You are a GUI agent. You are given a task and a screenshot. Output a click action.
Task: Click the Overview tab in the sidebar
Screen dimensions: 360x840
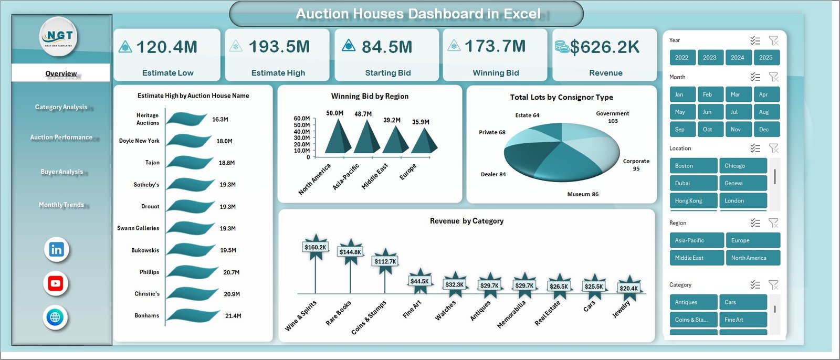(x=61, y=73)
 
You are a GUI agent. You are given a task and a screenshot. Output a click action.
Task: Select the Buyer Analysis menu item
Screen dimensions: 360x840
(x=61, y=172)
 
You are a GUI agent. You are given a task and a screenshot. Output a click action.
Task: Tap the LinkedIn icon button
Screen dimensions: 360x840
(x=56, y=249)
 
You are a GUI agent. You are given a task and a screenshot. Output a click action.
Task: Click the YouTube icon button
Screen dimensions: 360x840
(x=56, y=283)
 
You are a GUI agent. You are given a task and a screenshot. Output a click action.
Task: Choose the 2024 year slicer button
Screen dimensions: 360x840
(x=737, y=58)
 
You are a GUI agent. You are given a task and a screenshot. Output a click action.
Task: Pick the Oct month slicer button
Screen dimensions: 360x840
(x=707, y=130)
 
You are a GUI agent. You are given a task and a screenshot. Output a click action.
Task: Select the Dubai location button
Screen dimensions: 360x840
(x=693, y=183)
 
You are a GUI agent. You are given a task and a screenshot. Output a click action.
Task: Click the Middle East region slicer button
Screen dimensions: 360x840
(x=696, y=258)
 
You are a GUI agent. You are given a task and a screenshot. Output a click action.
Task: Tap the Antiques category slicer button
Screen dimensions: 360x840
(x=693, y=302)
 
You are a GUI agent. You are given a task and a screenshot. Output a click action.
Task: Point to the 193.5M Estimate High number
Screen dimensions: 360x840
(x=279, y=47)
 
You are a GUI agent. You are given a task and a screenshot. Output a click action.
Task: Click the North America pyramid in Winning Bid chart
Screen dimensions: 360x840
(x=338, y=137)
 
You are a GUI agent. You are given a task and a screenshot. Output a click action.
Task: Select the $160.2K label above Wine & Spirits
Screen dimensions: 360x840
(x=315, y=247)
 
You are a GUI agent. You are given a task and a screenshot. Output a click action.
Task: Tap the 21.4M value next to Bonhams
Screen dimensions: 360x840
(x=233, y=316)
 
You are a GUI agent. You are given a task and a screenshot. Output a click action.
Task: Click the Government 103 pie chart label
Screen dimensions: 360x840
(x=612, y=117)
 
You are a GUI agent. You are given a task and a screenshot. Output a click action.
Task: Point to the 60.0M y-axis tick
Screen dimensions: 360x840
(x=301, y=119)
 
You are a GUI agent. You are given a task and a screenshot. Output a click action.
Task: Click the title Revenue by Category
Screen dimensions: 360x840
(x=466, y=221)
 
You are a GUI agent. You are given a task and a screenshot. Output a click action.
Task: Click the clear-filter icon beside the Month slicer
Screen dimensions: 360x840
(x=773, y=77)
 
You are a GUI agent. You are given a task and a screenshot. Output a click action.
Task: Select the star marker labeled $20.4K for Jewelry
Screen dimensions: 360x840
(x=628, y=288)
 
